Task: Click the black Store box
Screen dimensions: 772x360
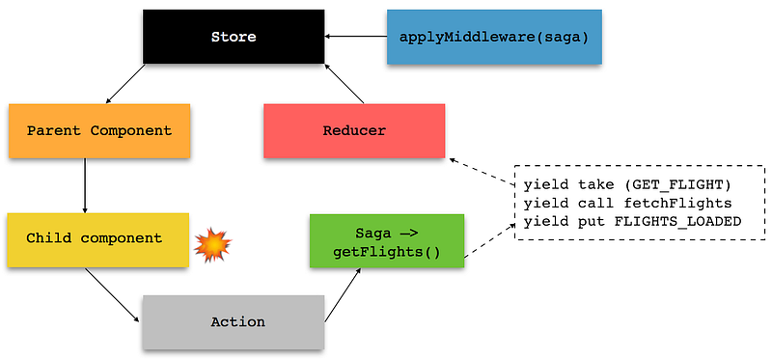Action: click(234, 37)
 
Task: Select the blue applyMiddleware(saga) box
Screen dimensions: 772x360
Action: click(494, 37)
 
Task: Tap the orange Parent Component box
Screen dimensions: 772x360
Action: click(99, 130)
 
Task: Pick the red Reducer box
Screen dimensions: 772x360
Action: click(354, 130)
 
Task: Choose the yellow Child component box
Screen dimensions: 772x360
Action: click(98, 239)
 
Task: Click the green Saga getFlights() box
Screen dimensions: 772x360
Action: click(387, 241)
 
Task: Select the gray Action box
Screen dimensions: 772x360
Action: click(234, 322)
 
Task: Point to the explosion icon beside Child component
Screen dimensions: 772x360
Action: click(212, 244)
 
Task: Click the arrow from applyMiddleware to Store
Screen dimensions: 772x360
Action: click(356, 36)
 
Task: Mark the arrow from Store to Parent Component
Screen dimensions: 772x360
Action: click(125, 84)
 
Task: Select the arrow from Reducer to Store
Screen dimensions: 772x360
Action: click(345, 84)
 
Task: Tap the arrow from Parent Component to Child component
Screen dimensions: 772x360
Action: click(85, 185)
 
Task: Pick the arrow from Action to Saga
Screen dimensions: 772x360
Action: click(344, 295)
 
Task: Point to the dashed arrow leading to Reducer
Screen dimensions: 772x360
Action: click(482, 171)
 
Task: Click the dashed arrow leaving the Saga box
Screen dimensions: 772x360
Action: click(490, 239)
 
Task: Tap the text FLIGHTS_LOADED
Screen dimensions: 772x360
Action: click(677, 222)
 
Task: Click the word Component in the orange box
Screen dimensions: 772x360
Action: click(131, 131)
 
